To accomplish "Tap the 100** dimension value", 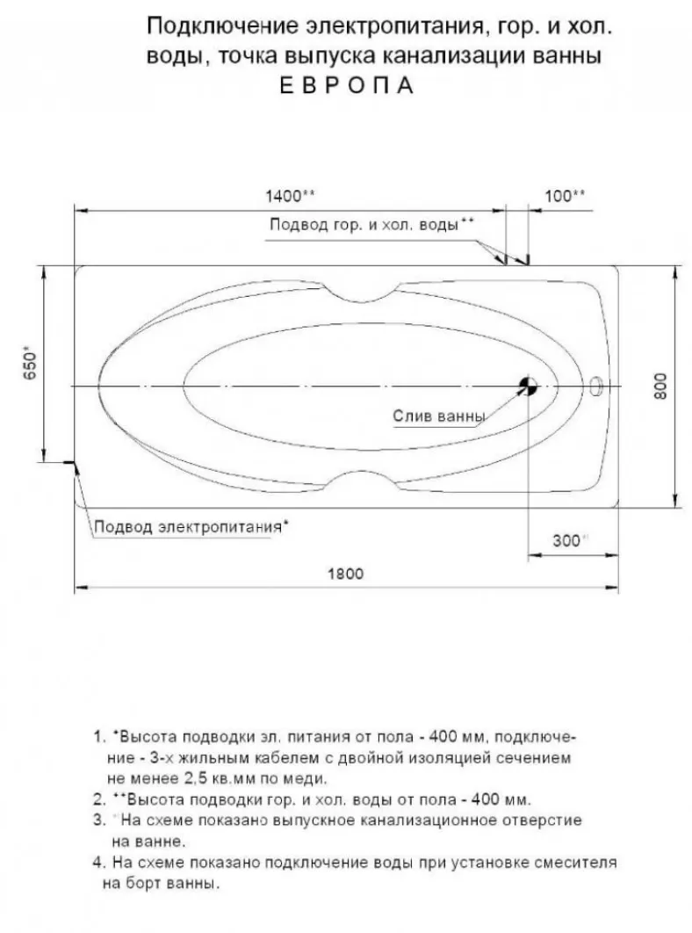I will point(565,196).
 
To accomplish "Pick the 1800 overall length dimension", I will point(345,574).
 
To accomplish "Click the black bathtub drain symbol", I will point(527,386).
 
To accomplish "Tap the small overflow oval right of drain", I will point(598,385).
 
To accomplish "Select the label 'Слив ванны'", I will point(436,416).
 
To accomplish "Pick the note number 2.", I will point(97,800).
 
